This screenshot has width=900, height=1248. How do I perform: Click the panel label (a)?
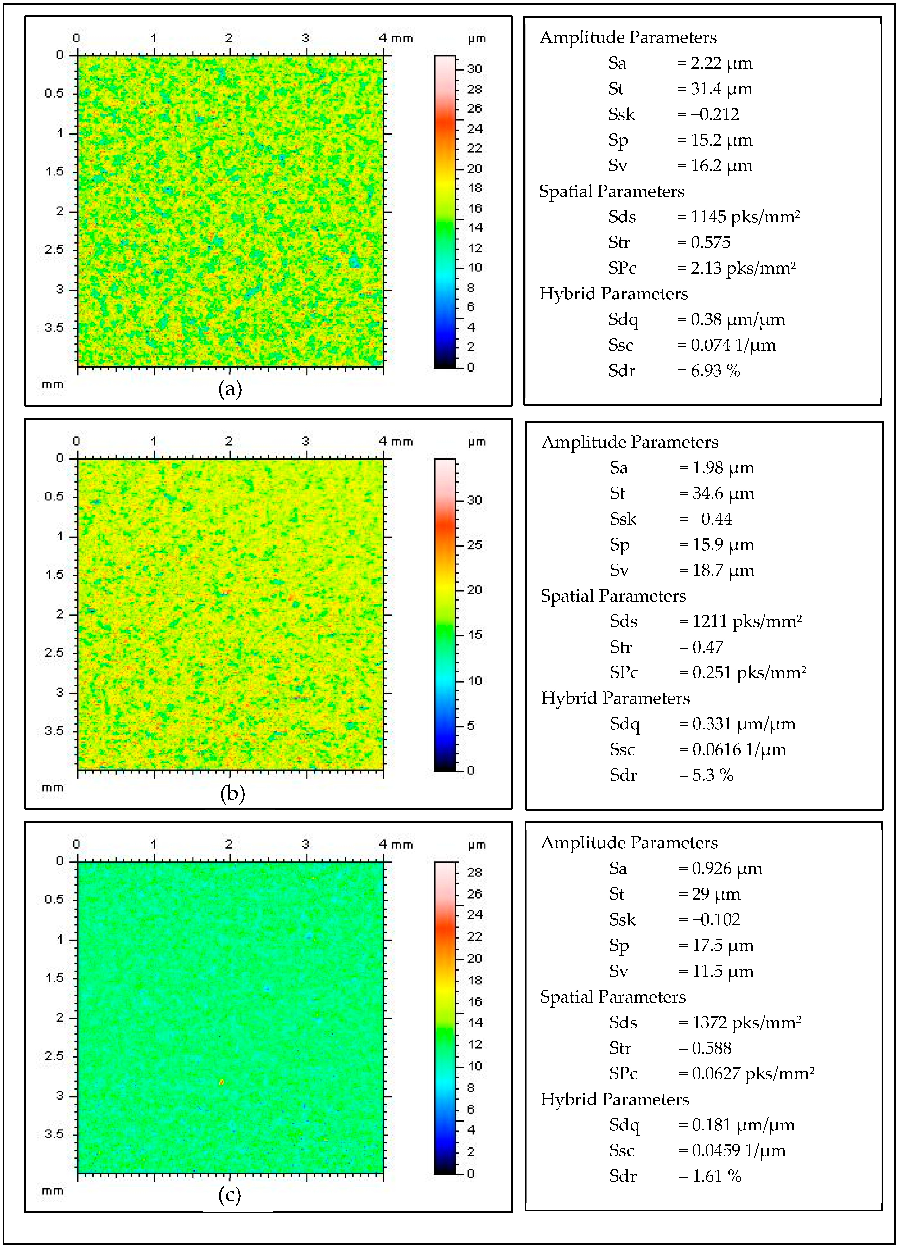pyautogui.click(x=230, y=390)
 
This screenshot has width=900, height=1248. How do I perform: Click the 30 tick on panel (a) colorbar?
pyautogui.click(x=474, y=69)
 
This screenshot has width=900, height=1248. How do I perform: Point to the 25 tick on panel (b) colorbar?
pyautogui.click(x=474, y=545)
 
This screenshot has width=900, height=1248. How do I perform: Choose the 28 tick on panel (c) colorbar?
pyautogui.click(x=474, y=872)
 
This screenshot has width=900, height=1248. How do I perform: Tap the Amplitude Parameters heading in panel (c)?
pyautogui.click(x=629, y=843)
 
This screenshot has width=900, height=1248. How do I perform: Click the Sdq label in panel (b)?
pyautogui.click(x=624, y=724)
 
